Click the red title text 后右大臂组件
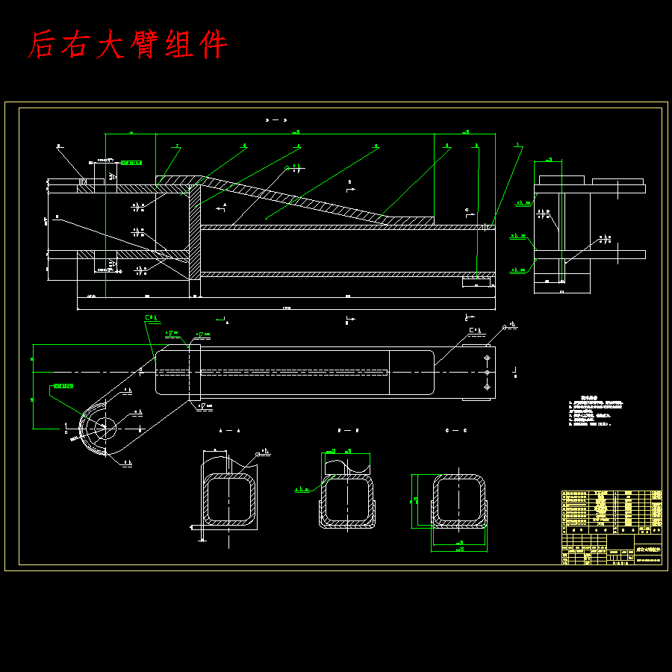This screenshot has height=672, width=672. tap(127, 45)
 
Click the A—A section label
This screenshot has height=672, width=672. tap(229, 431)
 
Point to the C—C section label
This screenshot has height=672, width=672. tap(455, 431)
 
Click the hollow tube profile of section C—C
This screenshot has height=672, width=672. tap(460, 499)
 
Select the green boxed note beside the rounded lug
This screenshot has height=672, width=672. tap(63, 386)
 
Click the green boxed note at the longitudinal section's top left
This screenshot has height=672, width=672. tap(131, 161)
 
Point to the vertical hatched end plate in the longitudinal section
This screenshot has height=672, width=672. tap(195, 231)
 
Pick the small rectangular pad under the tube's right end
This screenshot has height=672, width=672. tap(478, 283)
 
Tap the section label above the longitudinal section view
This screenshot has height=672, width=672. tap(276, 119)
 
